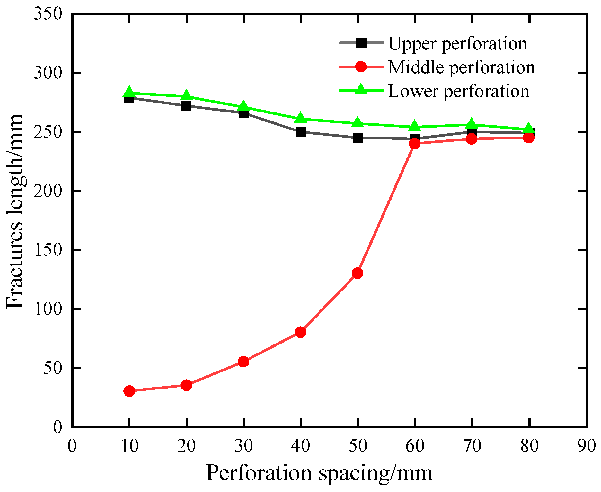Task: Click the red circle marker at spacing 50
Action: pos(358,273)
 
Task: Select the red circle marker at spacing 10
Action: pos(129,391)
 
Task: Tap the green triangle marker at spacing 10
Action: pos(129,92)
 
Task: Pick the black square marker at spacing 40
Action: pos(301,132)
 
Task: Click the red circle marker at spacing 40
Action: pos(301,332)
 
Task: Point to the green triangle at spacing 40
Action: pos(301,118)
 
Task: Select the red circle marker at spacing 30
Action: pos(243,362)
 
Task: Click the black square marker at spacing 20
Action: pos(186,106)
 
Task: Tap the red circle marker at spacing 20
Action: pos(186,385)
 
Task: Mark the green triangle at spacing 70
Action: pos(472,124)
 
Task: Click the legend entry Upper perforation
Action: pos(457,44)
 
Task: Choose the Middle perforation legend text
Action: pos(461,67)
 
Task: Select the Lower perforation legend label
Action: pos(459,91)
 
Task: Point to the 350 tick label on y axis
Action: pos(48,14)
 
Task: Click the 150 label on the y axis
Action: pos(48,250)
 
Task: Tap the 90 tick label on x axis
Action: pos(587,446)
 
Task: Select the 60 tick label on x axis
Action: pos(415,446)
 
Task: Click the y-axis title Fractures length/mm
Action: pos(15,211)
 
